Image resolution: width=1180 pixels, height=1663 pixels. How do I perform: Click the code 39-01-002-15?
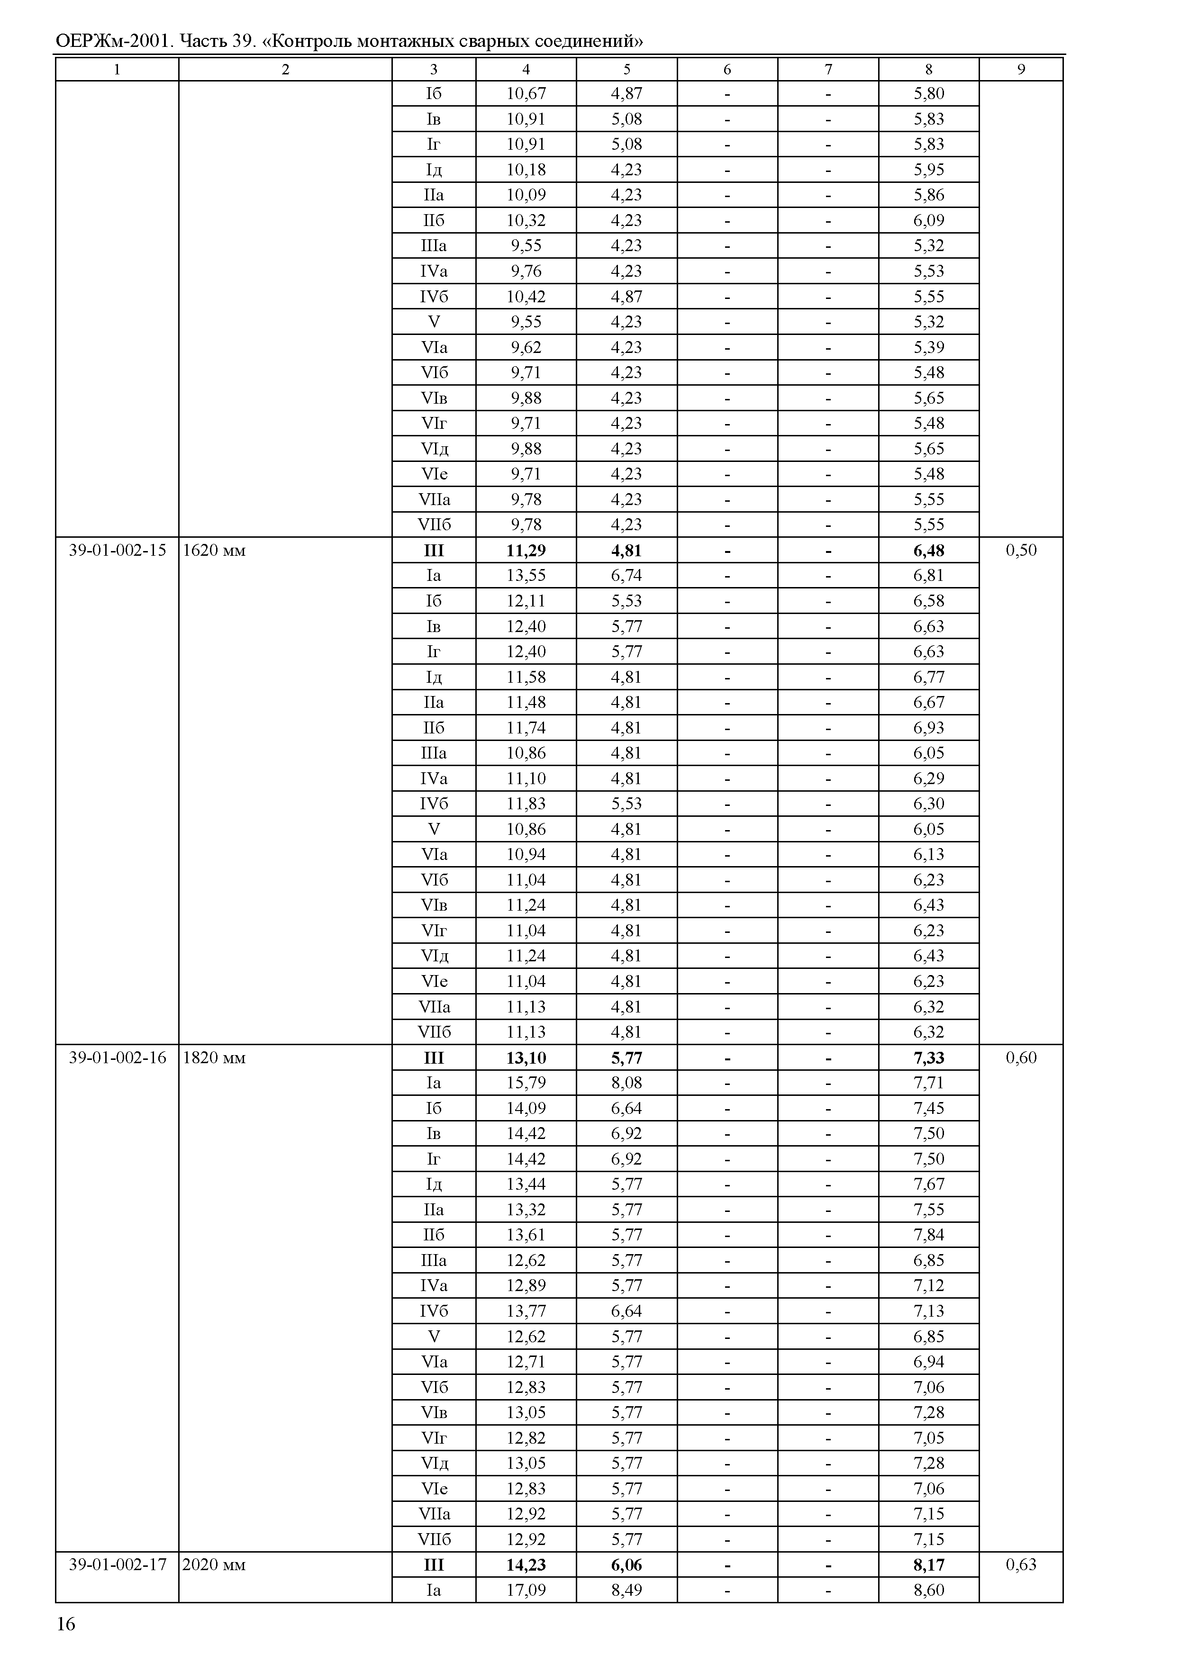click(117, 550)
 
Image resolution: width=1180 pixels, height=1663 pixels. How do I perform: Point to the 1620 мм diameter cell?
click(214, 550)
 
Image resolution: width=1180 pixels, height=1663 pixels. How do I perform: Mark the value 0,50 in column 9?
click(1021, 550)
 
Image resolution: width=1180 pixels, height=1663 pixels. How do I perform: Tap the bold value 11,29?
click(526, 550)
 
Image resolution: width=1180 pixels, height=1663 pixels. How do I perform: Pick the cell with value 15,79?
click(526, 1083)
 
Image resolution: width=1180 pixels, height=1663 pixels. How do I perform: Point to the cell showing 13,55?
click(526, 575)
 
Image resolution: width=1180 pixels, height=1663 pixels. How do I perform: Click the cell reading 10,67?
click(526, 94)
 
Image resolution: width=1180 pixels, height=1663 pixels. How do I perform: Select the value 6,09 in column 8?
click(928, 220)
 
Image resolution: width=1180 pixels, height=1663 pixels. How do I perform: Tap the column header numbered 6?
click(727, 69)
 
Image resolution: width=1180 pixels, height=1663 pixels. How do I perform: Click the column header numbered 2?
click(286, 69)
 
